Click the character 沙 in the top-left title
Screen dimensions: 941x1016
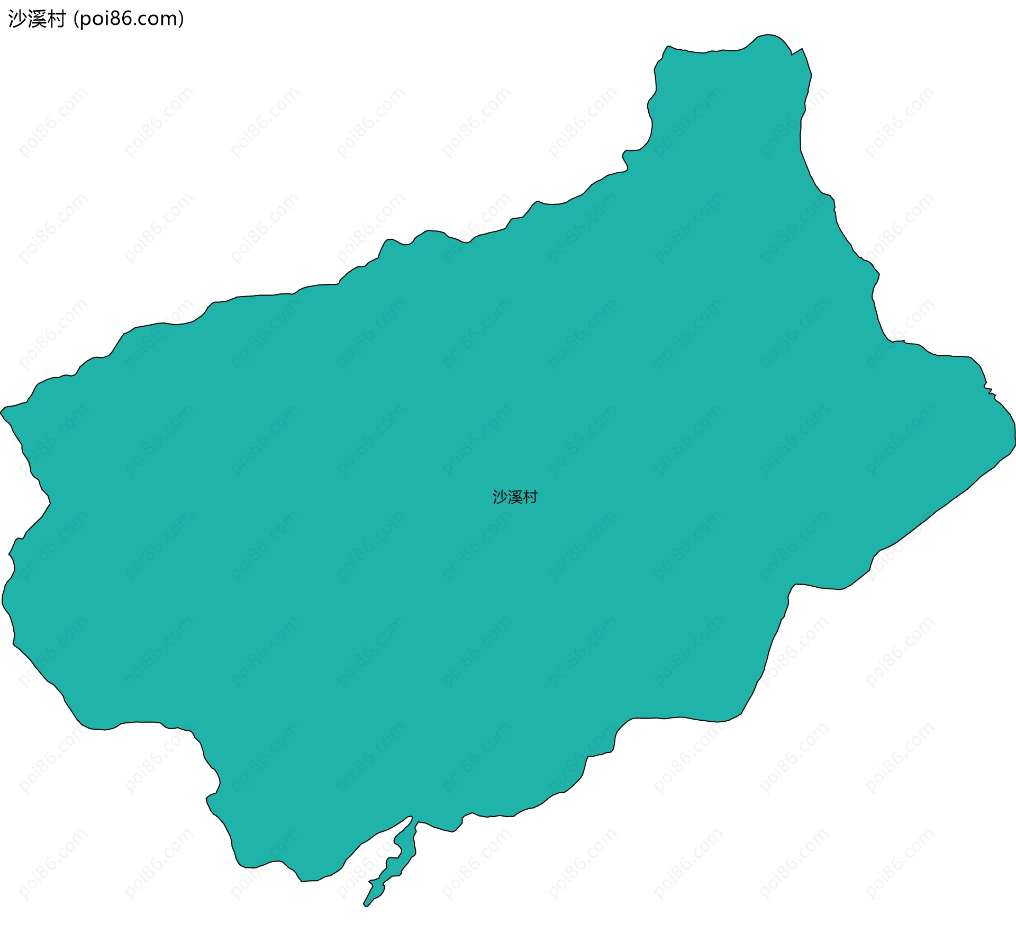pyautogui.click(x=17, y=19)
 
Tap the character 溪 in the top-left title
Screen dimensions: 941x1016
pyautogui.click(x=37, y=19)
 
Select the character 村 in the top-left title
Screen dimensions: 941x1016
pyautogui.click(x=56, y=19)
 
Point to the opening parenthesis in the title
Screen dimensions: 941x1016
pyautogui.click(x=77, y=20)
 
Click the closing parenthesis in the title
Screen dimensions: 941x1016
pyautogui.click(x=182, y=20)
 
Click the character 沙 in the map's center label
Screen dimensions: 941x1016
pyautogui.click(x=500, y=497)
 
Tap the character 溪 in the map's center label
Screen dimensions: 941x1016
pyautogui.click(x=515, y=497)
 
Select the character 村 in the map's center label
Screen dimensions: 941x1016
pyautogui.click(x=530, y=497)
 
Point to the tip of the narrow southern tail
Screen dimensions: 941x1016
pyautogui.click(x=365, y=905)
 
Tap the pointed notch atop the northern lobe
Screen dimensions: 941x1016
pyautogui.click(x=792, y=54)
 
